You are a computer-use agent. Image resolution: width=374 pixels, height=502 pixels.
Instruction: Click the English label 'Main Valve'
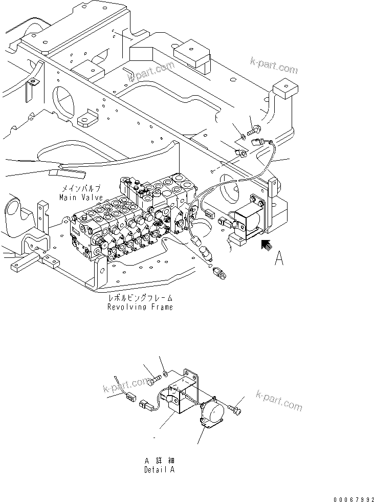pyautogui.click(x=81, y=197)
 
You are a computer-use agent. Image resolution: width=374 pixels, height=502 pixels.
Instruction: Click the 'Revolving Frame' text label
pyautogui.click(x=140, y=307)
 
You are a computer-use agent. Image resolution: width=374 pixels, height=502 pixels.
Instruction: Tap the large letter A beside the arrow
pyautogui.click(x=279, y=259)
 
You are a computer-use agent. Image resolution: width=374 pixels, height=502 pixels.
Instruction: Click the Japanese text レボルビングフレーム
pyautogui.click(x=140, y=298)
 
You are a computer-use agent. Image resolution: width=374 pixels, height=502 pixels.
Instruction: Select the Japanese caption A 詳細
pyautogui.click(x=159, y=461)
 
